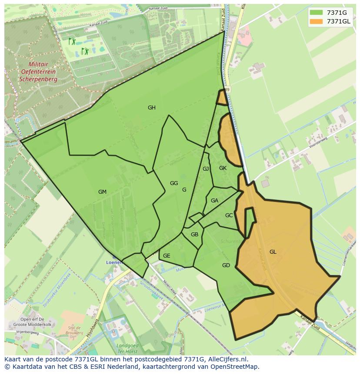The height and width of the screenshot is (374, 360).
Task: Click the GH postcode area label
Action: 151,108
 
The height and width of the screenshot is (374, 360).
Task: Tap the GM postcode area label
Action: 102,192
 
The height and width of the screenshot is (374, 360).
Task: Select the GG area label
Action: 174,183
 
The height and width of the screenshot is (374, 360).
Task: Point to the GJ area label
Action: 206,169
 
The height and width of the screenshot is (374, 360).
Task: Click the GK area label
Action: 223,168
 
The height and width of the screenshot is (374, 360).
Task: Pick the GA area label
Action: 214,201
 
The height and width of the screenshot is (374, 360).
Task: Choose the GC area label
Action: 229,215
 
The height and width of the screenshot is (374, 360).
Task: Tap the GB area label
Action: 194,235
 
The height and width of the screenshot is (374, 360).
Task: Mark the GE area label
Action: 167,256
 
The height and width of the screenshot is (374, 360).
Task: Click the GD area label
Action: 226,265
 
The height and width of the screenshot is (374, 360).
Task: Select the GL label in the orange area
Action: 273,252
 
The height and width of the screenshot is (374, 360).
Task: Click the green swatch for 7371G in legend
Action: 316,13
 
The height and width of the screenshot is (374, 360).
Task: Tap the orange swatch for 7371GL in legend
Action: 316,21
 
